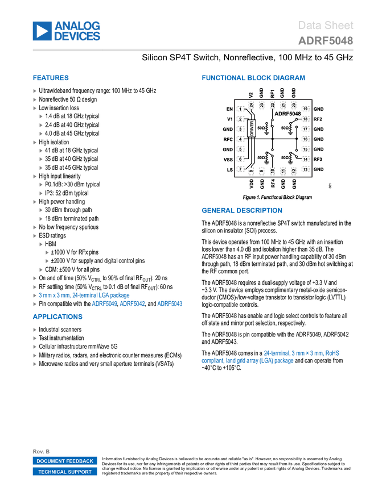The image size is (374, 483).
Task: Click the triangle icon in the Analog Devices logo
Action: (42, 31)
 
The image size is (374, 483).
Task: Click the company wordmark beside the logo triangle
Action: (77, 31)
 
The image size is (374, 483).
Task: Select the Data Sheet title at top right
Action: (326, 26)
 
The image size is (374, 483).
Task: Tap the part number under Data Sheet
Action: (326, 41)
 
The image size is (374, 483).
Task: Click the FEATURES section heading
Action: (51, 78)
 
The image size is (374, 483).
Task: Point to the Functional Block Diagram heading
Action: (253, 78)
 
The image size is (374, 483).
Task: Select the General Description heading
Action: (241, 210)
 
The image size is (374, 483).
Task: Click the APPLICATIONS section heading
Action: (57, 317)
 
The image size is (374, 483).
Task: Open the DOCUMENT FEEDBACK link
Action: (65, 461)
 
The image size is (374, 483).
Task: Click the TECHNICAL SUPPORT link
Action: (65, 472)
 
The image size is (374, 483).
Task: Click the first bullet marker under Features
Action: (35, 90)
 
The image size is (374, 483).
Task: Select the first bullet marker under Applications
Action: (35, 330)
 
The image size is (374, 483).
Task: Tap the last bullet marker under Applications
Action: (35, 364)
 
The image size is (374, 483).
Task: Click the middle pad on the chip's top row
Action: (272, 105)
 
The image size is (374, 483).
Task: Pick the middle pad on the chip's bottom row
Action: (272, 170)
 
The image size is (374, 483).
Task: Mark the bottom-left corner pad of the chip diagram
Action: (240, 169)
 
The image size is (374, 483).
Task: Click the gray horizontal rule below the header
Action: (193, 50)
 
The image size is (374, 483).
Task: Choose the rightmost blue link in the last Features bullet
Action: (170, 304)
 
